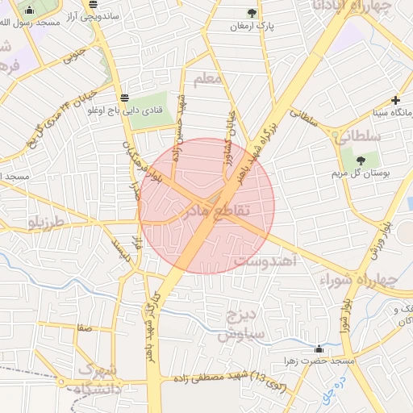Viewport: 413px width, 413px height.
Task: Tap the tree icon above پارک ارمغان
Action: click(252, 13)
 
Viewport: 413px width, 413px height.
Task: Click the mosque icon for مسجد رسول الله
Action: click(30, 10)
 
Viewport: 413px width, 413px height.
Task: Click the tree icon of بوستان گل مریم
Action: click(360, 161)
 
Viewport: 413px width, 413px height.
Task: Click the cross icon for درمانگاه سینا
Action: click(395, 101)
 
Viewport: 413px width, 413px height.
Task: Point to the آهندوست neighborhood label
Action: click(266, 262)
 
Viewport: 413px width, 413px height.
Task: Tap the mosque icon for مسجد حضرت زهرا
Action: click(319, 349)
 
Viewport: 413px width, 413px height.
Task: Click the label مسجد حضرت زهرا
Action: click(306, 362)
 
